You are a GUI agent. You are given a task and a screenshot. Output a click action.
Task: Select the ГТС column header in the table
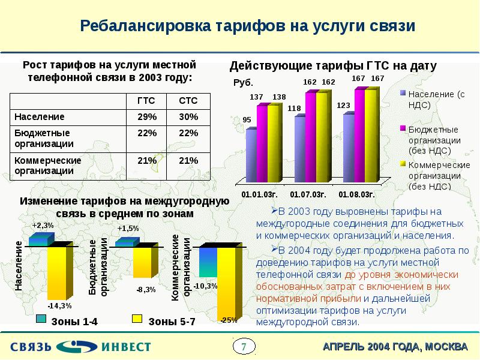146,100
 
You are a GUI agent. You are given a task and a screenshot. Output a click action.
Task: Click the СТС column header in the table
188,100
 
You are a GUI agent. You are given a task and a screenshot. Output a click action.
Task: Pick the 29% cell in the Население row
146,116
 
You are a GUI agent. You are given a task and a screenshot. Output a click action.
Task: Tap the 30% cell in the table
188,116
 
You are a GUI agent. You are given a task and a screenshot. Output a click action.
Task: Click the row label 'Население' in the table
40,116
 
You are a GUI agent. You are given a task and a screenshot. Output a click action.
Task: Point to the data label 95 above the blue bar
247,120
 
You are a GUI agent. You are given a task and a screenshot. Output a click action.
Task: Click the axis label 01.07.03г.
308,195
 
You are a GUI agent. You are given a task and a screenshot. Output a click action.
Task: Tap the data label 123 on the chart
343,106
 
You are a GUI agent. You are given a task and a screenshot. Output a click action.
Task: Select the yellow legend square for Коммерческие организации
403,163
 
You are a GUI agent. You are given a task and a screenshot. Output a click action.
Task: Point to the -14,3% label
59,296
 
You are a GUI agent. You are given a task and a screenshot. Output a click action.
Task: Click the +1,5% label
128,229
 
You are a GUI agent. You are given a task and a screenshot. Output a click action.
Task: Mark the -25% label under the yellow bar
229,320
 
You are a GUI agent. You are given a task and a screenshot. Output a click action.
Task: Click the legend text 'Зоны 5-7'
172,322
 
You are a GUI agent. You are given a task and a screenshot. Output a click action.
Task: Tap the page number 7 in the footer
244,346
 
